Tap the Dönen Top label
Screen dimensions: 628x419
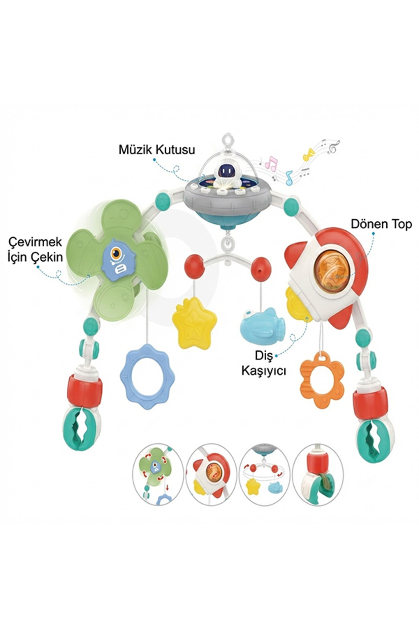tap(381, 224)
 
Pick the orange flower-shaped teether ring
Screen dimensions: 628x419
tap(322, 380)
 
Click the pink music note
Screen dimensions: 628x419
tap(271, 163)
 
